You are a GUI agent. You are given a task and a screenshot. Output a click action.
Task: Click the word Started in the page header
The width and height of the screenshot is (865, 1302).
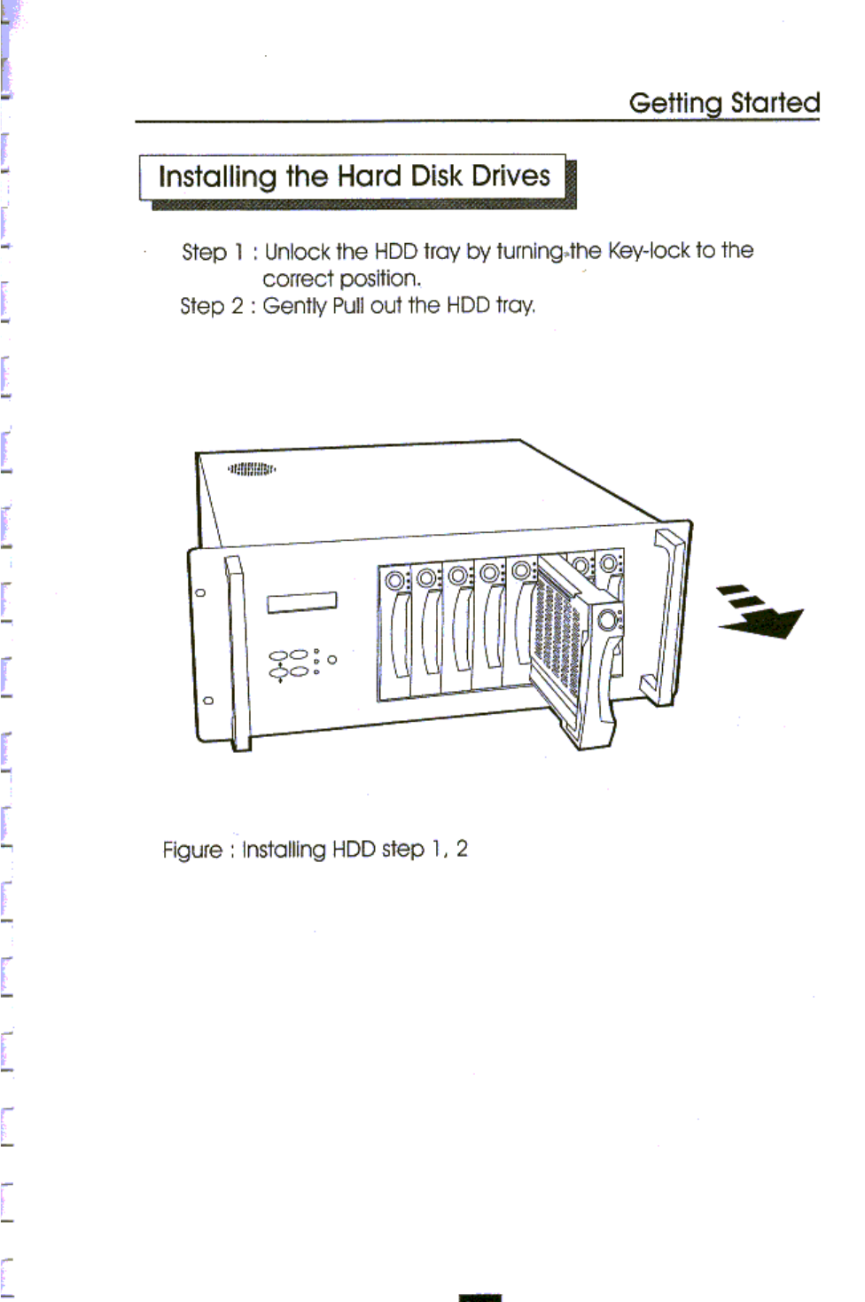775,103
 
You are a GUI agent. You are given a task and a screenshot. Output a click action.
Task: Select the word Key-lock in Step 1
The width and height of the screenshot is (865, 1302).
648,251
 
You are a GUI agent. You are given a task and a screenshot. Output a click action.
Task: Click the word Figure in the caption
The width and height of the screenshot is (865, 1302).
192,850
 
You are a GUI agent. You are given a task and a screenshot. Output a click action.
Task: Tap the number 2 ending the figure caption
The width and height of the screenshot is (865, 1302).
461,849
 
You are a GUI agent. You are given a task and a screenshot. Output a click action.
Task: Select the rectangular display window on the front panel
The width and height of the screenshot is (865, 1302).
301,602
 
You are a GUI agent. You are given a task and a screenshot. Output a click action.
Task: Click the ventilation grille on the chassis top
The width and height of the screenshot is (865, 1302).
252,468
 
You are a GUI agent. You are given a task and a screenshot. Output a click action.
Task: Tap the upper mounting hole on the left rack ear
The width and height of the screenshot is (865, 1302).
200,592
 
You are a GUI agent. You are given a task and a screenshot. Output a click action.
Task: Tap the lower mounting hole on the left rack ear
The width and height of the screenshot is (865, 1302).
207,700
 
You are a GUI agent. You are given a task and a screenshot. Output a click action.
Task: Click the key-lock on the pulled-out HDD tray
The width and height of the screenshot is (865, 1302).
608,620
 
